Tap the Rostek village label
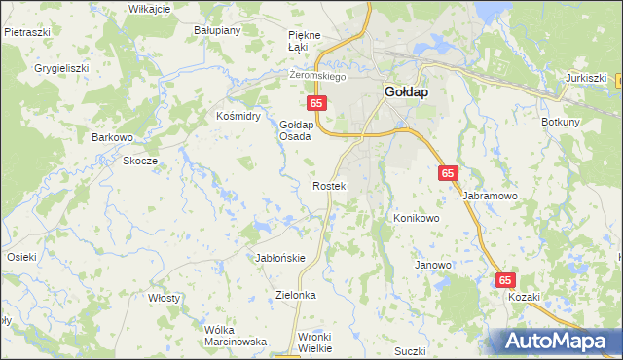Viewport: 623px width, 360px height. coord(329,185)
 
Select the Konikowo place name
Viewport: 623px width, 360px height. coord(417,219)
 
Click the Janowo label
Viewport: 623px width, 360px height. coord(433,265)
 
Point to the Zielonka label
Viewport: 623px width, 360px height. coord(297,294)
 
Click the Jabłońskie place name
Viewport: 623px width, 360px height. coord(280,258)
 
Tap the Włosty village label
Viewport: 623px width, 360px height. coord(164,298)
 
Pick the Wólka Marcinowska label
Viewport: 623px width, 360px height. coord(236,336)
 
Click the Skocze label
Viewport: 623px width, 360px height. coord(140,161)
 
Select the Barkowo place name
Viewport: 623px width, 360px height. coord(112,137)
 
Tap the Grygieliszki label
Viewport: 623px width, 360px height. coord(62,69)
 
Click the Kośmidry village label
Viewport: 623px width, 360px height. coord(238,115)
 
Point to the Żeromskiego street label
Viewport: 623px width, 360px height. coord(318,75)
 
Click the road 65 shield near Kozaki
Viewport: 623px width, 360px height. coord(504,279)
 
